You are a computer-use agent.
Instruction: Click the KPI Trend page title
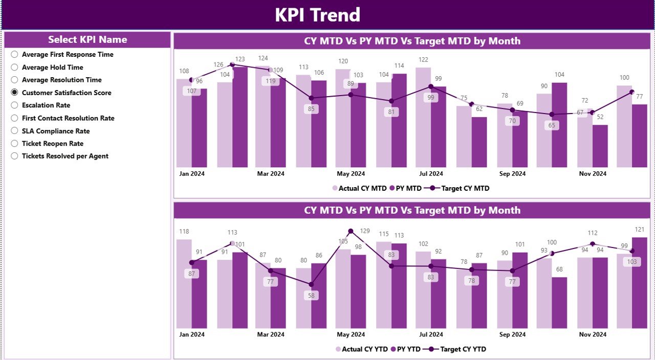(x=317, y=15)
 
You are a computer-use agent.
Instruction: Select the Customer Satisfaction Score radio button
(x=14, y=93)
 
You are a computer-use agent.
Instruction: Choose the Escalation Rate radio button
(x=14, y=105)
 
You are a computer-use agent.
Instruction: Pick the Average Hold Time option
(x=14, y=67)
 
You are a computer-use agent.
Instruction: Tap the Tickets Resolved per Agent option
(x=14, y=156)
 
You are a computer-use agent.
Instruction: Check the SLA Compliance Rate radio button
(x=14, y=131)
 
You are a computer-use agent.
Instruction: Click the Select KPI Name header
(x=88, y=40)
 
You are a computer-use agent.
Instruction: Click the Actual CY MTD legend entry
(x=360, y=188)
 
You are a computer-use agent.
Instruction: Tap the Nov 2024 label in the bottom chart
(x=593, y=334)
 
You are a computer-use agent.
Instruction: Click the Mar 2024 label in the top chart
(x=271, y=174)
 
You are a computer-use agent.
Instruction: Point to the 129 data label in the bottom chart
(x=364, y=231)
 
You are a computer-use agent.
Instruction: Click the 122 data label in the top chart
(x=423, y=60)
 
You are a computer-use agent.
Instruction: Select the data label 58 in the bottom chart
(x=311, y=296)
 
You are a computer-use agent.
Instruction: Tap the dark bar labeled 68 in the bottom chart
(x=559, y=303)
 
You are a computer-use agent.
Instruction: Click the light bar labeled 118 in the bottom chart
(x=184, y=284)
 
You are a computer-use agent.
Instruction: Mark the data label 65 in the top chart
(x=552, y=125)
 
